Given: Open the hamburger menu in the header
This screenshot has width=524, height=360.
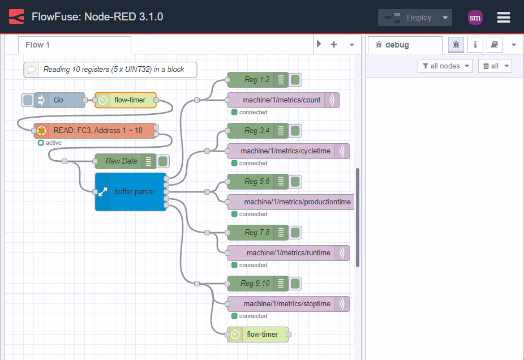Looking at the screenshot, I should tap(504, 18).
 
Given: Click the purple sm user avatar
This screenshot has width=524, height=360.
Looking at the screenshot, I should tap(475, 18).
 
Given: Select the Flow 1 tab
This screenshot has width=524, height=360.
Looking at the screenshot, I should tap(38, 45).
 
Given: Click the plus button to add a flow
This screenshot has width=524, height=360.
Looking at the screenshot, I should tap(334, 45).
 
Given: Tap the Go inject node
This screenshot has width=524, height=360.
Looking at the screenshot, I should tap(59, 100).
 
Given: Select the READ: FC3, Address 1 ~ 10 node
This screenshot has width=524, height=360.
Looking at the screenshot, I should tap(96, 131).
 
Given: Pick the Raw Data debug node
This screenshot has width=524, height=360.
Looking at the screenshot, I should tap(121, 161).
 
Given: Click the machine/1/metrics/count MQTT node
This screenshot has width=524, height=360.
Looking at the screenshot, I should tap(281, 100).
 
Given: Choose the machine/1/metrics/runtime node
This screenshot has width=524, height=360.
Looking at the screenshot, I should tap(287, 253).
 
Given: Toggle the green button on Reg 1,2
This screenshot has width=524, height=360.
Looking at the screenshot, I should tap(295, 80).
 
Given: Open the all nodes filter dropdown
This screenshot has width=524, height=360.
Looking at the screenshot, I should tap(445, 66).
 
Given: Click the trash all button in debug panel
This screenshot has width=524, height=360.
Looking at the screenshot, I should tap(495, 66).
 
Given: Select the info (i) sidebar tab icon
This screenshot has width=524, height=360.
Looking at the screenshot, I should tap(475, 45).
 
